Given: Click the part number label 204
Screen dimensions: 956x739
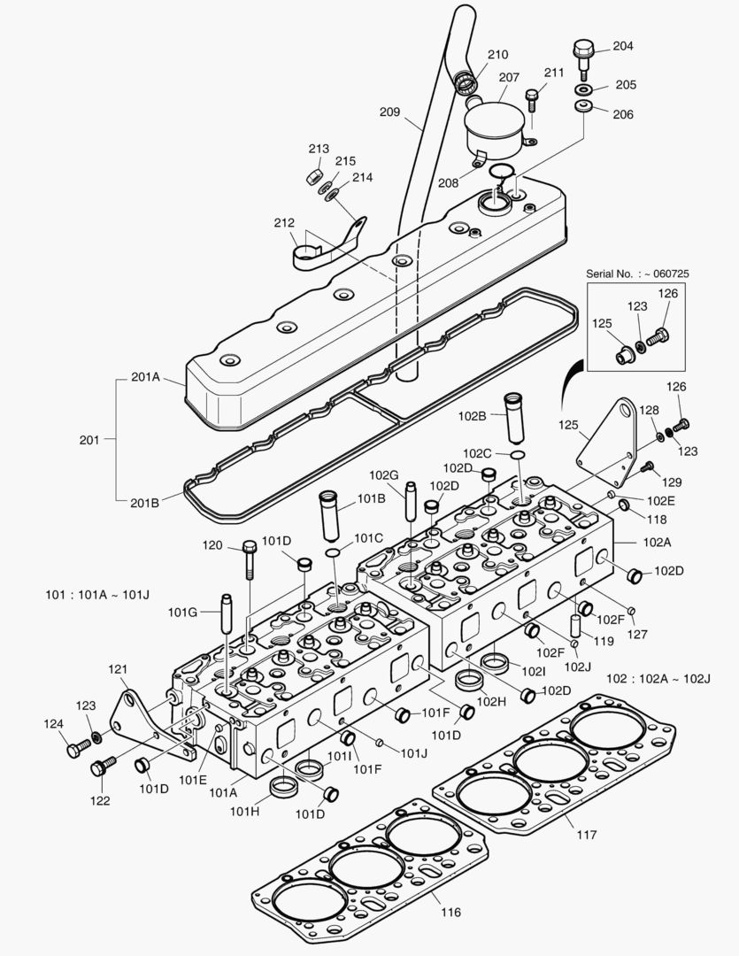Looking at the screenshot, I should pos(623,46).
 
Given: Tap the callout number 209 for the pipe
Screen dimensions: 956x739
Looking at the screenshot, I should pos(389,112).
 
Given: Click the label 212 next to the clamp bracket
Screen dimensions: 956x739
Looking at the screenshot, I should pos(284,223).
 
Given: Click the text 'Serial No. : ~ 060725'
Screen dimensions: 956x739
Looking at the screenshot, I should pos(637,274).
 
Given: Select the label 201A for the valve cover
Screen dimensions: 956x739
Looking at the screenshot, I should pos(145,377).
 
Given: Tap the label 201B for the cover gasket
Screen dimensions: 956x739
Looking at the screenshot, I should pos(145,502).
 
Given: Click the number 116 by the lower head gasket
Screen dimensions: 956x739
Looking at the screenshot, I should pos(450,912).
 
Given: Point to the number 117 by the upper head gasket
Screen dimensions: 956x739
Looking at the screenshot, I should pos(586,834).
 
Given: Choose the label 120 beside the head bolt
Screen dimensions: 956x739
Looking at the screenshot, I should pos(212,545).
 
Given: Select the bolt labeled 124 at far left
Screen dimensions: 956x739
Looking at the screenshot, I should pos(74,750).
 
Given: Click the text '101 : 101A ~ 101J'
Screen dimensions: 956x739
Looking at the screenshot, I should pos(98,593).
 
